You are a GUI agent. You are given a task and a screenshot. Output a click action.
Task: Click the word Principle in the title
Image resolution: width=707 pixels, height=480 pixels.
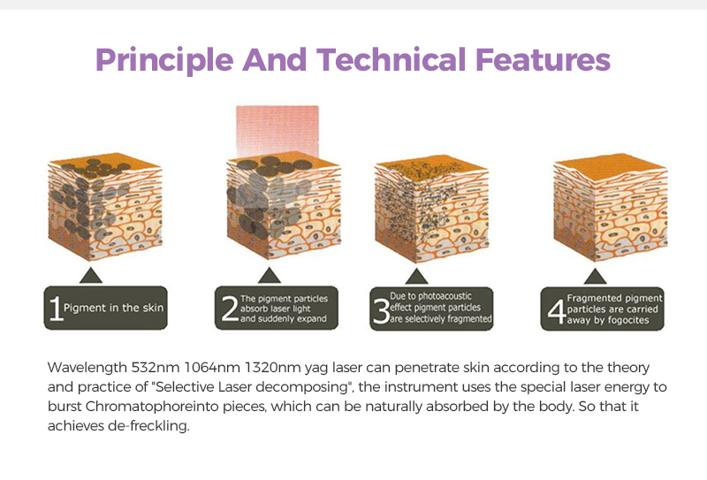point(164,61)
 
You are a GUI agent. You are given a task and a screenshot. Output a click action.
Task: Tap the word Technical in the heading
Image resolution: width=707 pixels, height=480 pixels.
point(391,59)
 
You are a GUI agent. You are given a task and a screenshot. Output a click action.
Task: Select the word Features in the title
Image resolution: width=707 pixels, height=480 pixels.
point(543,59)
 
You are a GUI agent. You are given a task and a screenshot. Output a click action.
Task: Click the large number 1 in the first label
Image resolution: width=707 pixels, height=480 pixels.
point(56,309)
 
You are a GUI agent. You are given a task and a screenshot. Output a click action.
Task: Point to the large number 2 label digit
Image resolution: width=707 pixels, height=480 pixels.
point(230,309)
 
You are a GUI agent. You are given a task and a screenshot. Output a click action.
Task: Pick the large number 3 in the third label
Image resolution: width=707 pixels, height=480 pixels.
point(382,310)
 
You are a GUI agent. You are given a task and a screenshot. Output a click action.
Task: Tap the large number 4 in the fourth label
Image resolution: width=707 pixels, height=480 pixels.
point(557,311)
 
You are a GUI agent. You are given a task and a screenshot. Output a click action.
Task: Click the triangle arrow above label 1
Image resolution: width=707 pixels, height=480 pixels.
point(91,276)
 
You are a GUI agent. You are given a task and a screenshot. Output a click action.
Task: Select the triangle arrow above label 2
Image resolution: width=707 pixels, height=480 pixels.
point(270,276)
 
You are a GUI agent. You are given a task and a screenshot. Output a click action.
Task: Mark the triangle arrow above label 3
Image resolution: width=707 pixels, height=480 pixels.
point(416,277)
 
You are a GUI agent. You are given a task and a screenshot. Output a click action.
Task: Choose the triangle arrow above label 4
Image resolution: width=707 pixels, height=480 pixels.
point(595,277)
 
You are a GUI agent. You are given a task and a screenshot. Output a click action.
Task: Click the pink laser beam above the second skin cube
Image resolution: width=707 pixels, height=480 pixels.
point(277,132)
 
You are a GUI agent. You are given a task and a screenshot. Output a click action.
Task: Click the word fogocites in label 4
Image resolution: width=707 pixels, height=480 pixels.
point(628,320)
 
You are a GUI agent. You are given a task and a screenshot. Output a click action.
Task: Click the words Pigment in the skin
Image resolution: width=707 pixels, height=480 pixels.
point(114,309)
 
